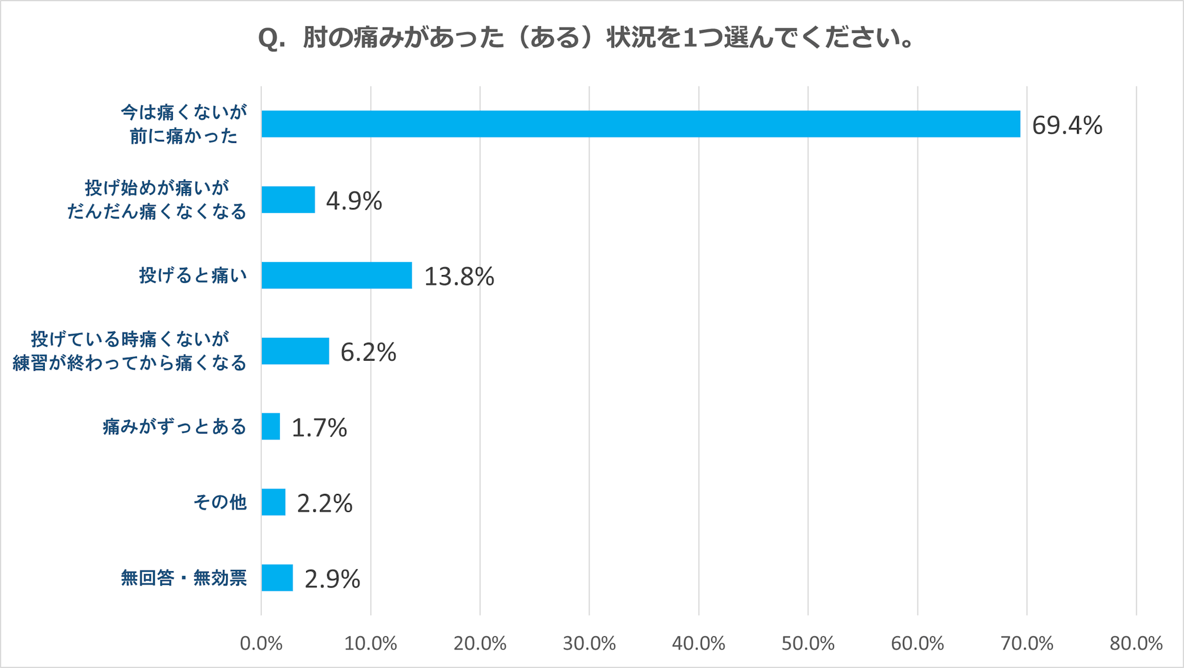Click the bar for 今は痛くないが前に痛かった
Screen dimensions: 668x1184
coord(640,124)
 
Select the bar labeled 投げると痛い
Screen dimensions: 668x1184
coord(337,275)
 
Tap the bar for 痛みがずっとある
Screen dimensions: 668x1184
coord(271,426)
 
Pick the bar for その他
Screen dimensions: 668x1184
coord(273,502)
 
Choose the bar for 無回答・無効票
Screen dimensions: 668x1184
coord(277,578)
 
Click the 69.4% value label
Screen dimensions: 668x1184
coord(1067,126)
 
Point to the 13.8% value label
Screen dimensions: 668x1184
coord(459,277)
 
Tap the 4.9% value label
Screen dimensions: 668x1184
coord(353,201)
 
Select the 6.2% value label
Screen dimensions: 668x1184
coord(368,352)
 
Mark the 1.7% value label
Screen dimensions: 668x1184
coord(319,428)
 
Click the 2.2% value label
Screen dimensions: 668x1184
coord(324,504)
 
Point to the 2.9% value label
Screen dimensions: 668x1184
coord(332,579)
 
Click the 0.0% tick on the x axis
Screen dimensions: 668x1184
coord(261,643)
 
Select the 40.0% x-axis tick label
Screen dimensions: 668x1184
coord(698,643)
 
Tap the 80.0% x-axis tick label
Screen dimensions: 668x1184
coord(1136,643)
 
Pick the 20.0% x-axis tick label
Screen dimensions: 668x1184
coord(480,643)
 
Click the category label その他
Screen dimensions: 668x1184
coord(220,502)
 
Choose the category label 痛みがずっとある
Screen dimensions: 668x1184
coord(175,427)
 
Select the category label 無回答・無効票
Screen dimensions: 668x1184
coord(184,578)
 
